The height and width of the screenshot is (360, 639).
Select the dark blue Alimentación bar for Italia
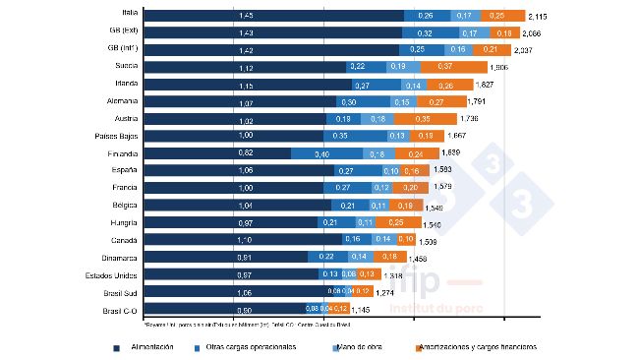(x=273, y=16)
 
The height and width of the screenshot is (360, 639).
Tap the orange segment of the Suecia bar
(x=453, y=67)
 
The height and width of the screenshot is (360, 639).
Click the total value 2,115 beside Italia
(x=539, y=17)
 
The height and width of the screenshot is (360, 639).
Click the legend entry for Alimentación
(x=148, y=347)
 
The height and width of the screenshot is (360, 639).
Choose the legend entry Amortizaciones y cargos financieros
(x=477, y=347)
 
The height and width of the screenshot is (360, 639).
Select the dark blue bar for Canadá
(x=243, y=239)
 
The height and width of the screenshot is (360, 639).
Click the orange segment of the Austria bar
(x=423, y=119)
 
